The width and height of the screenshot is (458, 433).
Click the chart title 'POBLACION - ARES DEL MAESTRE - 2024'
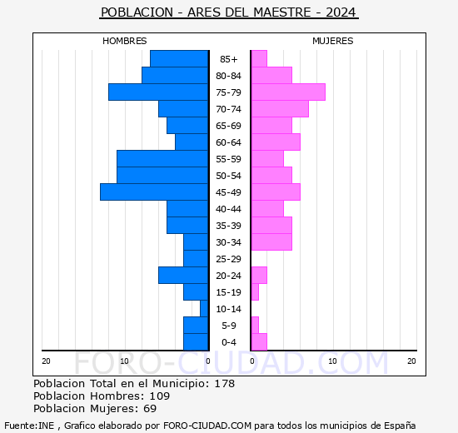[229, 12]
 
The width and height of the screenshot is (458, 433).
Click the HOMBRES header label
[124, 41]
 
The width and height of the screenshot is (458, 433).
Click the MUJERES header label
[332, 41]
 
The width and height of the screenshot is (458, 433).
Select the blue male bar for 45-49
[154, 192]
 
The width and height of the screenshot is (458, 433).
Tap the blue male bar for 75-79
[158, 92]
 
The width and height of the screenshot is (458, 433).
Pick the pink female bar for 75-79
[287, 92]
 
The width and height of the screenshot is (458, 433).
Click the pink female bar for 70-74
[279, 109]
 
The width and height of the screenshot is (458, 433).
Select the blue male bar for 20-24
[183, 276]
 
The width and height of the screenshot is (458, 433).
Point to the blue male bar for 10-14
[204, 309]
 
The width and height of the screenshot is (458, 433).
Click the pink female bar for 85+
[258, 59]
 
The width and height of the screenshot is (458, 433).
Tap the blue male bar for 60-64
[192, 142]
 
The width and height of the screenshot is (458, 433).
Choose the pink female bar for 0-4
[258, 342]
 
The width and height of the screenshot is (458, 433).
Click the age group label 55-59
[229, 159]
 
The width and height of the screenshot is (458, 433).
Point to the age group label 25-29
[229, 259]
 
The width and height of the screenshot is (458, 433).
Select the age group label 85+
[229, 59]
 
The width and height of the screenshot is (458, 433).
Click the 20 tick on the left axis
[47, 361]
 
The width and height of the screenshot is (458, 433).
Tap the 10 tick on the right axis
[332, 361]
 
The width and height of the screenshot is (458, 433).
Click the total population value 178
[224, 384]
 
